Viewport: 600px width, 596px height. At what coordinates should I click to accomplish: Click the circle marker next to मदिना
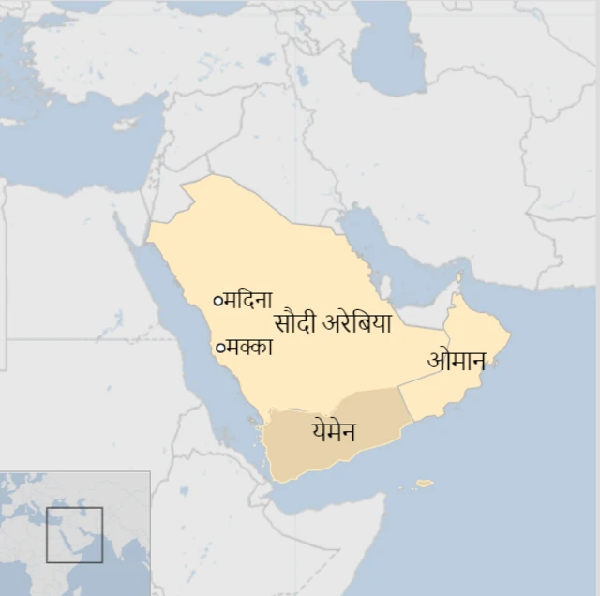(x=218, y=301)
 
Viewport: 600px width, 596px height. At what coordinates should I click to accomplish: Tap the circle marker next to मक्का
(x=220, y=348)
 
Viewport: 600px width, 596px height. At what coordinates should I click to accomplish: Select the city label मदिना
(x=248, y=301)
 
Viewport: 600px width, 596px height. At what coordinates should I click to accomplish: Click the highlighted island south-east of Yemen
(x=425, y=484)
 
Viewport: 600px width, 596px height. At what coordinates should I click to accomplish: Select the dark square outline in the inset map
(x=74, y=535)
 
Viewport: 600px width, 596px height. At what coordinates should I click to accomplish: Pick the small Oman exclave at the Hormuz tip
(x=459, y=278)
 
